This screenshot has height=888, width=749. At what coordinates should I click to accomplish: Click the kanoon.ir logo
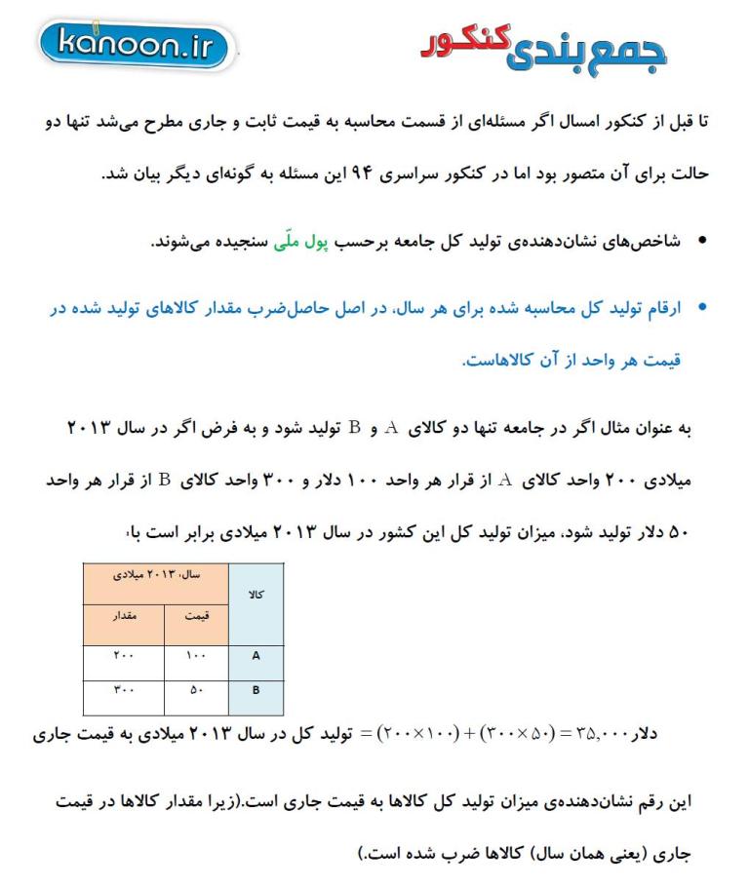click(137, 44)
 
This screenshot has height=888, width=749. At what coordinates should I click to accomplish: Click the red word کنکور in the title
click(465, 40)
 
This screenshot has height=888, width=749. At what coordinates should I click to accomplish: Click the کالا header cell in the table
click(256, 594)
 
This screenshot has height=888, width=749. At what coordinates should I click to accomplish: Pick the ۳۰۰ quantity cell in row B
click(124, 691)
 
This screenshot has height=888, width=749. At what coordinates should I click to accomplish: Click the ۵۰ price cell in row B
click(196, 691)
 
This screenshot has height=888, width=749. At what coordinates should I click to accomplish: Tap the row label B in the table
click(256, 691)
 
